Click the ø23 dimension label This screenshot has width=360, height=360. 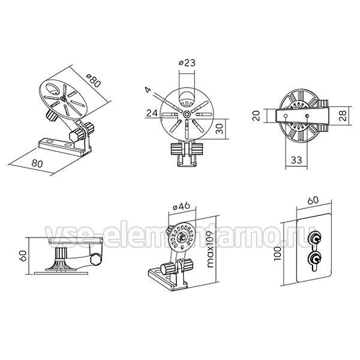(187, 62)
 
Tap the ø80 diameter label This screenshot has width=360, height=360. (94, 80)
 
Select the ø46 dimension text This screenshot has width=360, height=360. (181, 206)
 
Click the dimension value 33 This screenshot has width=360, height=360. (296, 160)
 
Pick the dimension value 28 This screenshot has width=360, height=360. (342, 116)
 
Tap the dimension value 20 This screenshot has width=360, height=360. (257, 115)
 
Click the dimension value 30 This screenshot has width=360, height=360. (220, 129)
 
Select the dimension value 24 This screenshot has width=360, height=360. (152, 113)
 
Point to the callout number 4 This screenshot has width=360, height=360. (149, 90)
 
